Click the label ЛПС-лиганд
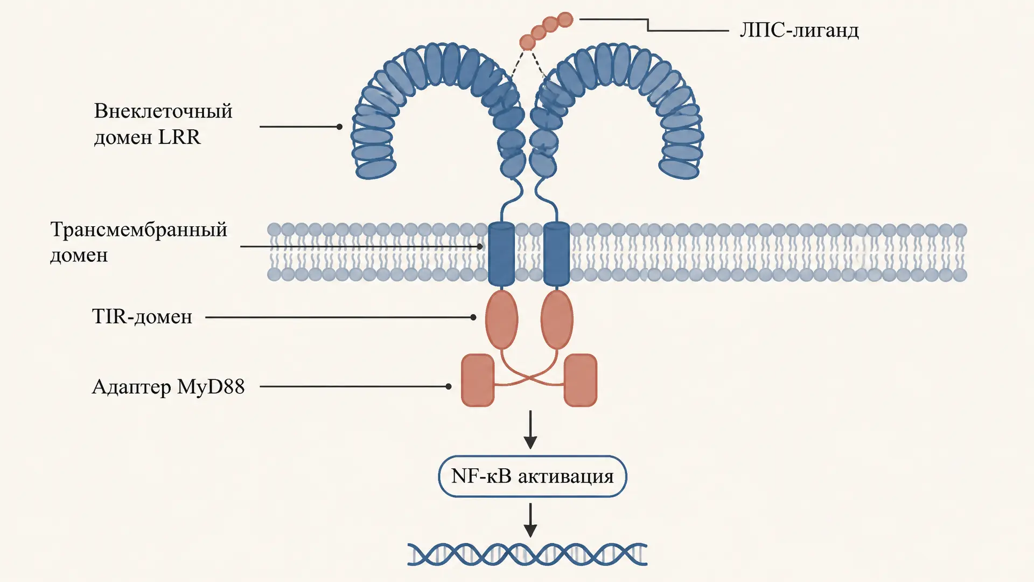coord(799,30)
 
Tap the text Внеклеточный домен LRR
coord(163,124)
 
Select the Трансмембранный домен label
coord(139,242)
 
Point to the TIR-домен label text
coord(142,316)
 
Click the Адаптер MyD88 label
coord(168,387)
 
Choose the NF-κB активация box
coord(532,476)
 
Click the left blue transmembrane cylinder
coord(501,253)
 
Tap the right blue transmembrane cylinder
coord(556,253)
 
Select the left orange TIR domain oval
coord(501,320)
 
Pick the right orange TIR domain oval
coord(557,320)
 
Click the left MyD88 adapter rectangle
coord(478,380)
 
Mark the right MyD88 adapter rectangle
coord(581,380)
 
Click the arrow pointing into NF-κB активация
coord(530,429)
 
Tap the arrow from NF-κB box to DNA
coord(530,520)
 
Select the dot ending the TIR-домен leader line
coord(473,317)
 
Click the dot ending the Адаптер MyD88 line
coord(449,386)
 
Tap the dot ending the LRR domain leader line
coord(339,127)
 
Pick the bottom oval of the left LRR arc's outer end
coord(376,169)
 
